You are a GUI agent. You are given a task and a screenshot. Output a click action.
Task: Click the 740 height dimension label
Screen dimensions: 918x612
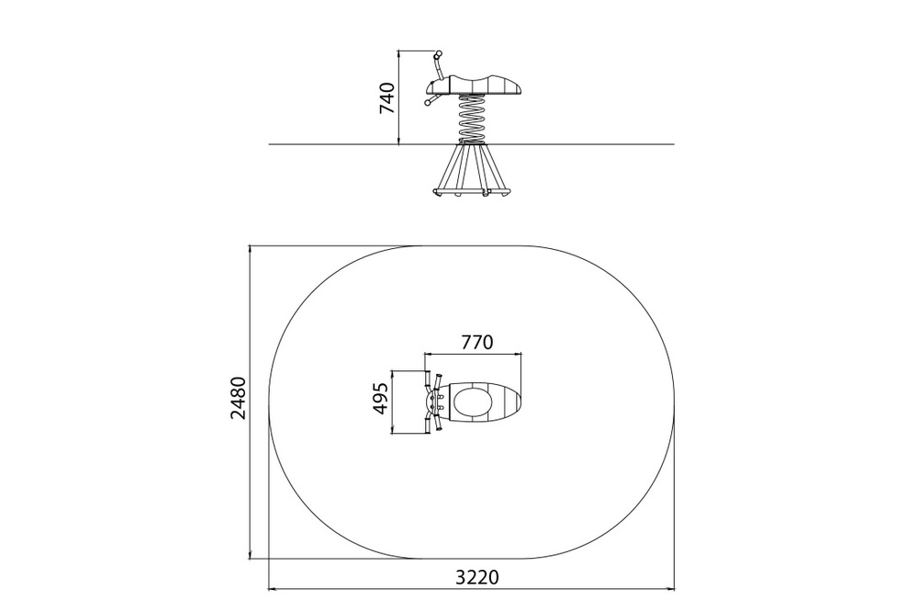pos(387,98)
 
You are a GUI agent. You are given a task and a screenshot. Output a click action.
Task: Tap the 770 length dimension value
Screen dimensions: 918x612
pos(477,342)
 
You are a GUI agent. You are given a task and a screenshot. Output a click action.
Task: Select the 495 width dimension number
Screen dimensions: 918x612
pos(381,399)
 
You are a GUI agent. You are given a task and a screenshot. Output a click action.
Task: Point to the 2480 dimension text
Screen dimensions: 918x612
pos(239,398)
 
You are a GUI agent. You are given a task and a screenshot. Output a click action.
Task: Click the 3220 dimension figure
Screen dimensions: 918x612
pos(477,577)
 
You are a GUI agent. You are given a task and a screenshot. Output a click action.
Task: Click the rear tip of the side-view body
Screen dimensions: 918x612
pos(521,88)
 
